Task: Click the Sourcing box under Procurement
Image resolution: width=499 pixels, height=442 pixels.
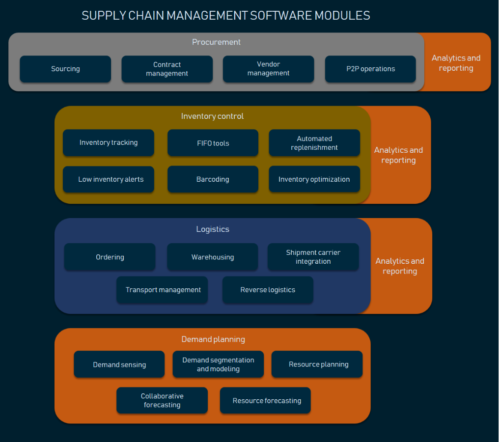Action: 65,69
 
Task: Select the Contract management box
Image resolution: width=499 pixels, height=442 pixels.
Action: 167,69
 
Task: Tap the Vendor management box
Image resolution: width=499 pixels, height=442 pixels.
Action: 268,69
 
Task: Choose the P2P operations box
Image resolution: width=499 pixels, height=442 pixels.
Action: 370,69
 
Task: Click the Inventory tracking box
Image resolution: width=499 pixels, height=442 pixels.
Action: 109,142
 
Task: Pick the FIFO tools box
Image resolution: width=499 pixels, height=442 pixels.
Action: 213,143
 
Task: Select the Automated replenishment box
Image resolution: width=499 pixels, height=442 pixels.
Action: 314,143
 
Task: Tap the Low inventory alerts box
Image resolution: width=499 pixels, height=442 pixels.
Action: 109,179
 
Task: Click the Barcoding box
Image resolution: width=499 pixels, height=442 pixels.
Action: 213,179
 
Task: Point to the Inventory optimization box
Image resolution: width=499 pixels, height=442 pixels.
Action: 314,179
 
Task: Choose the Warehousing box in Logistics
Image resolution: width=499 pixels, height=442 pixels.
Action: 213,257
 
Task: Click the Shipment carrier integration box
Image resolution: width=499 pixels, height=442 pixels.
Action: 313,257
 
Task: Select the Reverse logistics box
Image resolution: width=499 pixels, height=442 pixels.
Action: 268,290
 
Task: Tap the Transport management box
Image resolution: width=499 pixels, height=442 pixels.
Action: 162,290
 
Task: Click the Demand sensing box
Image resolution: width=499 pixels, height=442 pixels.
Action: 119,364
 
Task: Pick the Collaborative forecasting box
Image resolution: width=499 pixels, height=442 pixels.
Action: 162,400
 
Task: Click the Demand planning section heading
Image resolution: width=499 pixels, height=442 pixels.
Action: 213,339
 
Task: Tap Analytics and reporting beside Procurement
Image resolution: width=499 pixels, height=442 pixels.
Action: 456,63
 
